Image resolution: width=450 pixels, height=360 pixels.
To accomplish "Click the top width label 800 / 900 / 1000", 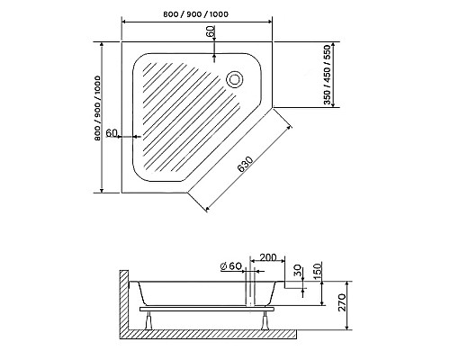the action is click(195, 14).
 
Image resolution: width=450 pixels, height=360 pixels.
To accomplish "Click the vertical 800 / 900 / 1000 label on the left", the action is click(97, 108).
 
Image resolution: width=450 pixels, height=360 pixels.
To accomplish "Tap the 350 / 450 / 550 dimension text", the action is click(327, 75).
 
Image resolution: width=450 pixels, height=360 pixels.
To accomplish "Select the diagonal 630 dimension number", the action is click(245, 165).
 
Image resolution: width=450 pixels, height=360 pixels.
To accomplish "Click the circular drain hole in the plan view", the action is click(234, 79).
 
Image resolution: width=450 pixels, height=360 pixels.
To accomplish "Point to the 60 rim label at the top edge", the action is click(211, 31).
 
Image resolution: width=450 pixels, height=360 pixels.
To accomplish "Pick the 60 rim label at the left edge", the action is click(112, 132).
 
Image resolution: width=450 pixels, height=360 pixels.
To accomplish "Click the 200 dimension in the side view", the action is click(268, 257).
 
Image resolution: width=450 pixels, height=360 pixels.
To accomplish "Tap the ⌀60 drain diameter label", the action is click(231, 266).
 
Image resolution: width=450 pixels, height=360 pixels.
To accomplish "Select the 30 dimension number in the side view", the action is click(297, 270).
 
